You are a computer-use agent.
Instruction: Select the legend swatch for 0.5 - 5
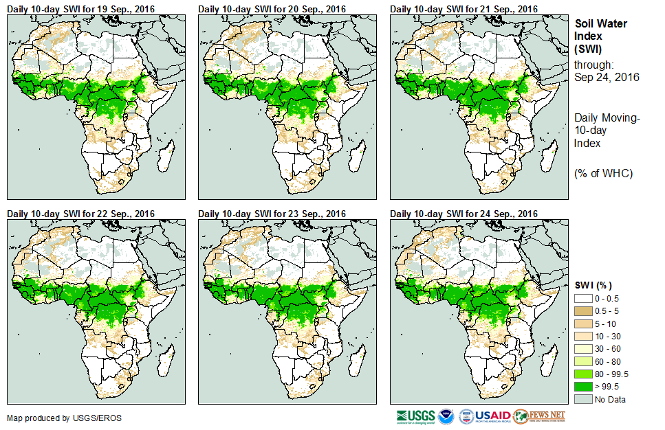click(584, 311)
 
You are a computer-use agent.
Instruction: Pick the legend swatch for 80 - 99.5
click(584, 374)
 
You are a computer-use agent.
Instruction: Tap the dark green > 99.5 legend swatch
click(584, 386)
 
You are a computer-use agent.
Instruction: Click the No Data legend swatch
click(584, 398)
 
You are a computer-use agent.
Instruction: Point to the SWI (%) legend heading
click(593, 285)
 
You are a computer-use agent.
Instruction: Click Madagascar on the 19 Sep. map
click(164, 155)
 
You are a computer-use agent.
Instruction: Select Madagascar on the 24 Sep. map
click(547, 360)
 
